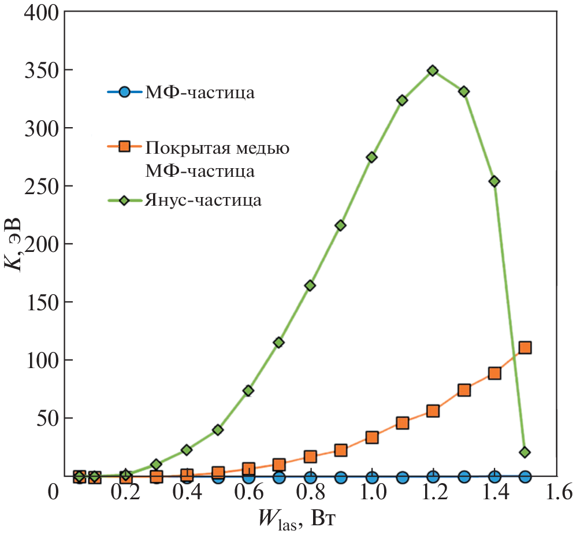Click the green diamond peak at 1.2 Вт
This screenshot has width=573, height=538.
click(433, 71)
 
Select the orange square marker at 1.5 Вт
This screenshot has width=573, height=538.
click(525, 347)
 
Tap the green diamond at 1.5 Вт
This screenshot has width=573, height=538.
click(525, 452)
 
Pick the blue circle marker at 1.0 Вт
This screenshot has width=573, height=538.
click(372, 477)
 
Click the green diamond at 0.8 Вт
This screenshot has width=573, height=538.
click(310, 285)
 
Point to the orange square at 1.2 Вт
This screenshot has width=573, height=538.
click(433, 411)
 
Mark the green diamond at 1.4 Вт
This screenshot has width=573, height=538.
click(494, 181)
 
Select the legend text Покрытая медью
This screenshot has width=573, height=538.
click(217, 147)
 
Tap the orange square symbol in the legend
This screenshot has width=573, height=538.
click(124, 147)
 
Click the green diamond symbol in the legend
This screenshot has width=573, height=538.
click(124, 200)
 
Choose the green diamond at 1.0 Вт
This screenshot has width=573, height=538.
click(372, 157)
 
